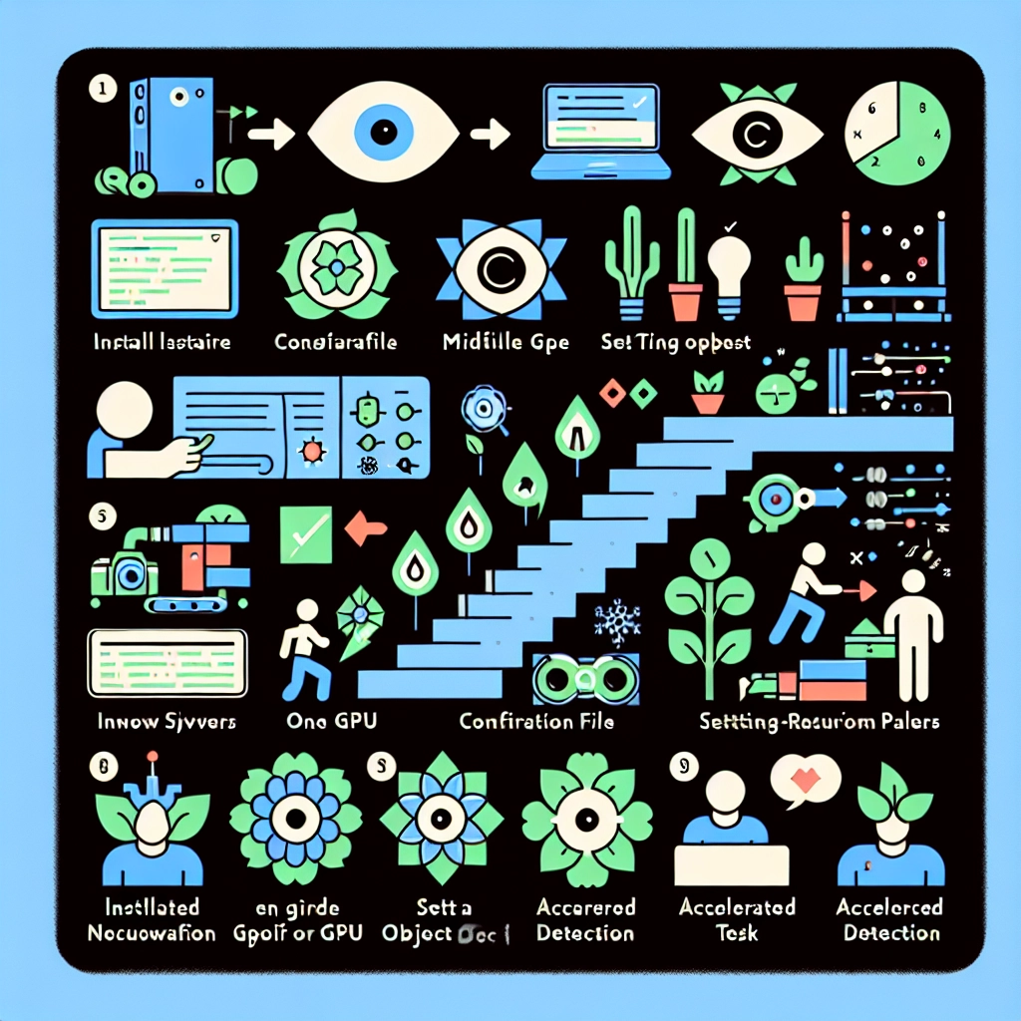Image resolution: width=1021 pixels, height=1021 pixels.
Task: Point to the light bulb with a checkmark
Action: (727, 264)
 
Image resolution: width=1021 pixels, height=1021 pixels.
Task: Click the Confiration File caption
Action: (536, 721)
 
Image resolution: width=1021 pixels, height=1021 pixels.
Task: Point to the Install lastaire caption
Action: (162, 342)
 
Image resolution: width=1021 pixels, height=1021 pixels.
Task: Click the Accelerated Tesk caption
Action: (737, 919)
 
